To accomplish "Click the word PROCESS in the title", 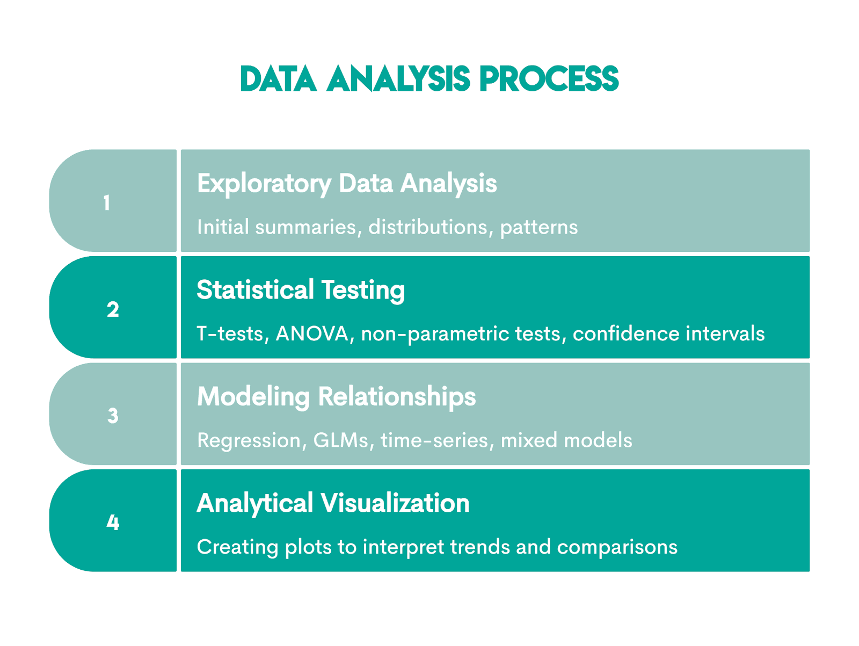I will pyautogui.click(x=549, y=79).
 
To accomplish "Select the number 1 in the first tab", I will pyautogui.click(x=107, y=203).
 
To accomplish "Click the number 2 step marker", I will pyautogui.click(x=113, y=309).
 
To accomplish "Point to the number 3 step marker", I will pyautogui.click(x=113, y=416).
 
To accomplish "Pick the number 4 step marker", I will pyautogui.click(x=113, y=522).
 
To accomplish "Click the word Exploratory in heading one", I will pyautogui.click(x=264, y=184).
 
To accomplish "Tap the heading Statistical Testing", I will pyautogui.click(x=301, y=291).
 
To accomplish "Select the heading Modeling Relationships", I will pyautogui.click(x=336, y=397).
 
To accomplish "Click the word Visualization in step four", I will pyautogui.click(x=395, y=503).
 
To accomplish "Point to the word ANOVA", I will pyautogui.click(x=312, y=334).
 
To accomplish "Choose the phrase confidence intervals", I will pyautogui.click(x=668, y=334).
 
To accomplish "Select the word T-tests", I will pyautogui.click(x=231, y=334).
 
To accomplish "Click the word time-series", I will pyautogui.click(x=435, y=440).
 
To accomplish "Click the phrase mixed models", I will pyautogui.click(x=566, y=440).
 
